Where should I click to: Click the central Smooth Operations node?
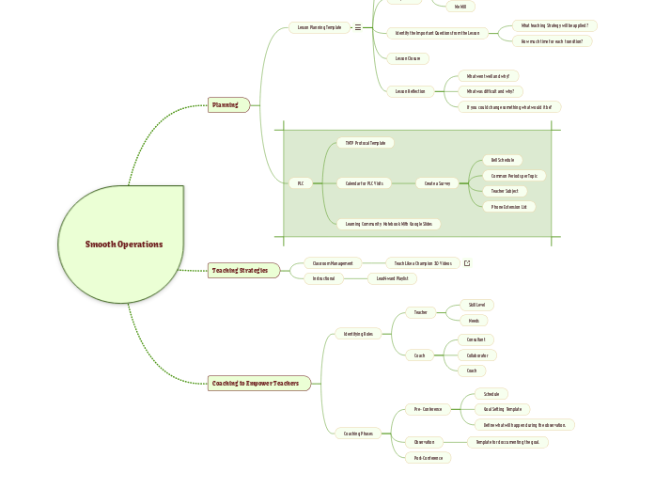click(123, 244)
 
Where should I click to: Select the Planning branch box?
click(227, 104)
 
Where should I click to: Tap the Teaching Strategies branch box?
click(242, 271)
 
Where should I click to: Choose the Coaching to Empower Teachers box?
click(257, 383)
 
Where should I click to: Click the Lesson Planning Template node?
click(320, 27)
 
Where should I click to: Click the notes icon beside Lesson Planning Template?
click(358, 27)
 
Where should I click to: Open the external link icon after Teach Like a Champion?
click(467, 263)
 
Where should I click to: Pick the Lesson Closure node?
click(408, 58)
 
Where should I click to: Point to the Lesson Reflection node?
click(410, 91)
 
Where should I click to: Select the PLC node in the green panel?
click(301, 183)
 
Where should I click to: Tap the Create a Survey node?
click(437, 183)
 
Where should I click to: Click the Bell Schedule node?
click(502, 160)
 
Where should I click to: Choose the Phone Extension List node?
click(509, 206)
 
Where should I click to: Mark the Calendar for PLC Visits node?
click(363, 183)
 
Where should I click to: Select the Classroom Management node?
click(333, 263)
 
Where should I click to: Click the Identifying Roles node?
click(359, 334)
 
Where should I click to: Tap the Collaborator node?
click(477, 355)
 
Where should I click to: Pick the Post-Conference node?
click(429, 458)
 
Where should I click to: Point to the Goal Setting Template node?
click(502, 409)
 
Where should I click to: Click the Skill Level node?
click(477, 305)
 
